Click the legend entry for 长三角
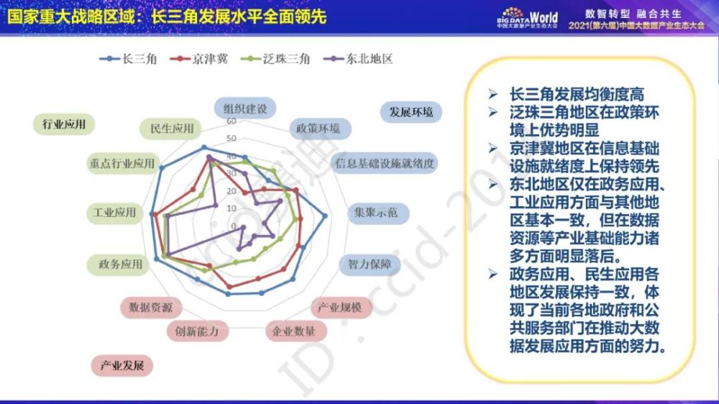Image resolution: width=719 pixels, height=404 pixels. (x=129, y=59)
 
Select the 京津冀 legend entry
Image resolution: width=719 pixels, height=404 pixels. (x=199, y=59)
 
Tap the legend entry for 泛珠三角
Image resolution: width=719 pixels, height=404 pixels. (x=275, y=59)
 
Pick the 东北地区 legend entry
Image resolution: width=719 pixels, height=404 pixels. (x=358, y=59)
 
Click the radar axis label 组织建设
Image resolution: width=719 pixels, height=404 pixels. (x=245, y=109)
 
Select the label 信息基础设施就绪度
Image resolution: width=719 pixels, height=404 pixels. (x=384, y=163)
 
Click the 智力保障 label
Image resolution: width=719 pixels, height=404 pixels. (x=370, y=264)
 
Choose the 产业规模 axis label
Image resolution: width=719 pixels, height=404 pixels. (x=340, y=307)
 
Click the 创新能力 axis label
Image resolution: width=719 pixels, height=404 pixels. (x=197, y=331)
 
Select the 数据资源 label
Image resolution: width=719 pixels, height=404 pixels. (x=151, y=307)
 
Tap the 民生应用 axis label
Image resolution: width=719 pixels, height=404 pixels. (x=170, y=129)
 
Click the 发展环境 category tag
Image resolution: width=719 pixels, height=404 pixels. (x=411, y=112)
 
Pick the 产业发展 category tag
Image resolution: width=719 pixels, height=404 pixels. (x=122, y=365)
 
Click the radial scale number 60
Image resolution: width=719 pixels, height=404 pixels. (x=231, y=121)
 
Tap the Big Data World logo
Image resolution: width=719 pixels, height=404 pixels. (x=527, y=18)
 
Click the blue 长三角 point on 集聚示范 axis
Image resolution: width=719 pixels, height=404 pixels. (x=325, y=216)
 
